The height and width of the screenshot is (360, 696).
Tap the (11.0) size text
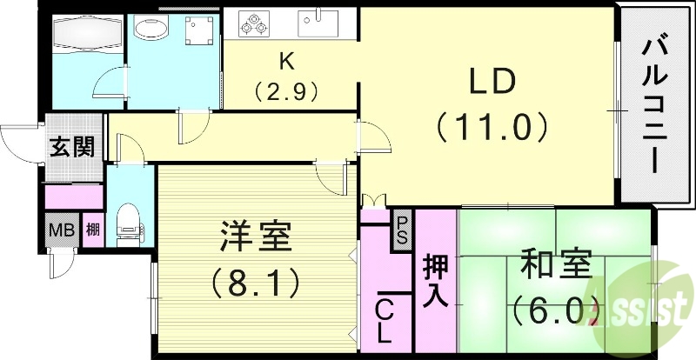(x=493, y=128)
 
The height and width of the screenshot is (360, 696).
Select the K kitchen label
(x=284, y=61)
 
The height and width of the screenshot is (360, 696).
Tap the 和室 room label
(x=557, y=264)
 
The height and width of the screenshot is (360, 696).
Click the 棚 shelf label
(x=92, y=231)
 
